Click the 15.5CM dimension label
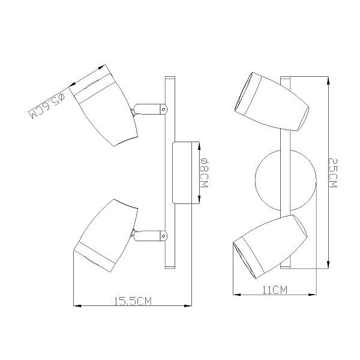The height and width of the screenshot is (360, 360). pos(133,301)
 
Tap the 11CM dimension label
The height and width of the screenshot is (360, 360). pos(275,290)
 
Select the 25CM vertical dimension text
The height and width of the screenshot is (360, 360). pos(332,173)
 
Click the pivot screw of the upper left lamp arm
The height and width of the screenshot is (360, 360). pos(163,109)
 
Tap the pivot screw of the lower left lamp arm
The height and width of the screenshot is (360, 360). pos(163,236)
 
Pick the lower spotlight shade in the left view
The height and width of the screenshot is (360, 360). pos(106,236)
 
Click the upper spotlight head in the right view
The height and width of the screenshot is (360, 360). pos(272,102)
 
